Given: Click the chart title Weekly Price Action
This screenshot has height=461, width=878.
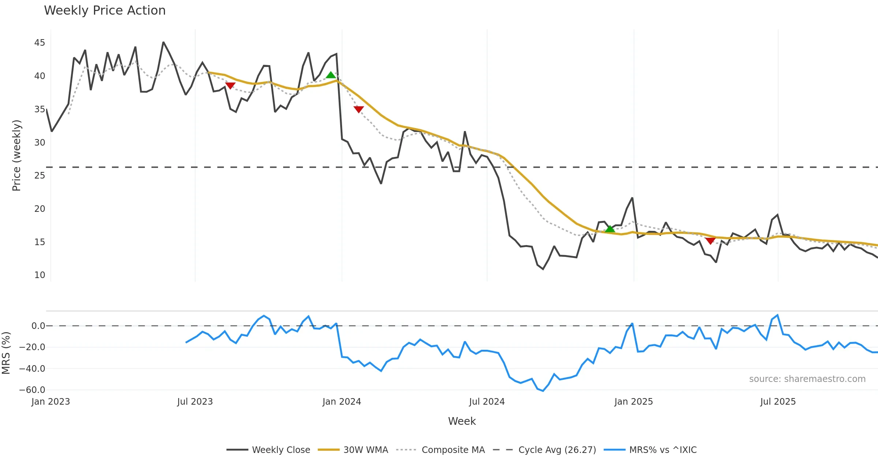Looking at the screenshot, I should pyautogui.click(x=105, y=11).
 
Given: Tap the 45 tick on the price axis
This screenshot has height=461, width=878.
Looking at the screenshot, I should pyautogui.click(x=40, y=43).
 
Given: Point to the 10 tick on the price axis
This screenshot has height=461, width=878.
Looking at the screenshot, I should pyautogui.click(x=40, y=275).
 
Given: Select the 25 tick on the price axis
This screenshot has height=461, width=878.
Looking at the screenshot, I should pyautogui.click(x=40, y=176).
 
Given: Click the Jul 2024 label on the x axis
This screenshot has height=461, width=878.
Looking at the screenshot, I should pyautogui.click(x=487, y=402).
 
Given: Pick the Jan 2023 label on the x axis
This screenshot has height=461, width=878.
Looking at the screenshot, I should pyautogui.click(x=50, y=402).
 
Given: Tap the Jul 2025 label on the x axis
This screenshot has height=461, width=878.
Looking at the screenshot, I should pyautogui.click(x=778, y=402).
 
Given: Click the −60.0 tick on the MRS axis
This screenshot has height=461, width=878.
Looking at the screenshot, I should pyautogui.click(x=32, y=390).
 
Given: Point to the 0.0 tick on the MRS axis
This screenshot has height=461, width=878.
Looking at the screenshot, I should pyautogui.click(x=38, y=326).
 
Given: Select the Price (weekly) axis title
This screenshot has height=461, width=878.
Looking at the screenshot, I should pyautogui.click(x=16, y=155).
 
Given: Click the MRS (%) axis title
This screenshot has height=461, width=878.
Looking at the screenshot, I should pyautogui.click(x=6, y=353).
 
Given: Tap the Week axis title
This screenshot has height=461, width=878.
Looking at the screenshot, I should pyautogui.click(x=462, y=421).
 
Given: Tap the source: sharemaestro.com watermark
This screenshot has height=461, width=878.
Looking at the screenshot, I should pyautogui.click(x=807, y=379).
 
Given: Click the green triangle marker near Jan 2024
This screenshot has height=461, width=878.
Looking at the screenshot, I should pyautogui.click(x=331, y=75).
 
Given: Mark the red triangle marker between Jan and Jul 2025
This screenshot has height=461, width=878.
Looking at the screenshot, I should pyautogui.click(x=710, y=241).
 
